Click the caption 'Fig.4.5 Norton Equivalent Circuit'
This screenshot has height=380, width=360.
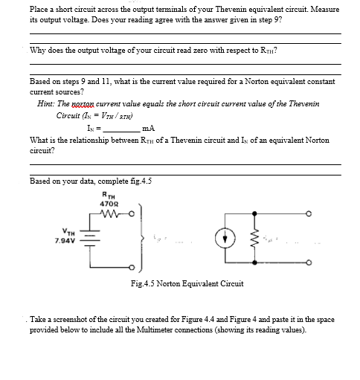pyautogui.click(x=176, y=284)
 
